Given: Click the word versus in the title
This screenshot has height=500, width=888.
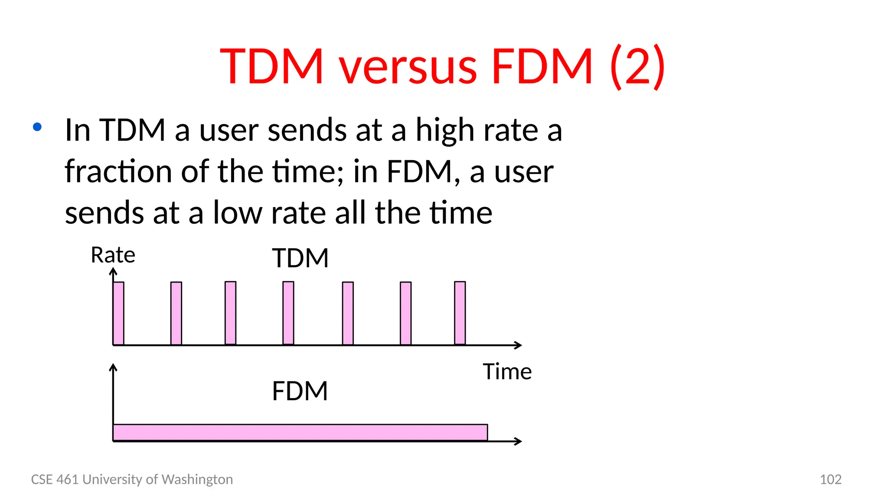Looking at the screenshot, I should pyautogui.click(x=408, y=67).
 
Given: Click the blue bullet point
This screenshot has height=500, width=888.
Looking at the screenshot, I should pyautogui.click(x=37, y=127).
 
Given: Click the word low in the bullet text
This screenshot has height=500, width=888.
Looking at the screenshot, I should pyautogui.click(x=238, y=213).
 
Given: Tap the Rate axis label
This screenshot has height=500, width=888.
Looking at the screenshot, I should pyautogui.click(x=113, y=255).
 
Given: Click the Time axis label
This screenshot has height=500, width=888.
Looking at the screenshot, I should pyautogui.click(x=507, y=372).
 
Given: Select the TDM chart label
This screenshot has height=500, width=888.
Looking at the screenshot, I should pyautogui.click(x=300, y=258).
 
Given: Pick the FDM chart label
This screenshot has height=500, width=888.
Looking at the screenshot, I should pyautogui.click(x=300, y=391).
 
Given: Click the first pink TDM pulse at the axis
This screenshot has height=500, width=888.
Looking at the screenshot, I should pyautogui.click(x=118, y=313).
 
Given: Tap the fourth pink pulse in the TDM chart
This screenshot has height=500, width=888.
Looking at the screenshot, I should pyautogui.click(x=288, y=313).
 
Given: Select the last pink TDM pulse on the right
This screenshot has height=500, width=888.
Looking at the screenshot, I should pyautogui.click(x=460, y=313).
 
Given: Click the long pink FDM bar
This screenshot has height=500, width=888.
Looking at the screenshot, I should pyautogui.click(x=300, y=432).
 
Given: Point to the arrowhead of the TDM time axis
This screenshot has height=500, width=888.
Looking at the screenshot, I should pyautogui.click(x=519, y=345).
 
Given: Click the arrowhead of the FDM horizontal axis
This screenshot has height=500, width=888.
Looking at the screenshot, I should pyautogui.click(x=519, y=441).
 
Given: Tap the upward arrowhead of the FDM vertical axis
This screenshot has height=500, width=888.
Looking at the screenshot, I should pyautogui.click(x=113, y=367).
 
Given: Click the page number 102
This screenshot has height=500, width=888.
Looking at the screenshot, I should pyautogui.click(x=830, y=479).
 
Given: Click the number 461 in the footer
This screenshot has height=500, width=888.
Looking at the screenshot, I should pyautogui.click(x=68, y=479).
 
